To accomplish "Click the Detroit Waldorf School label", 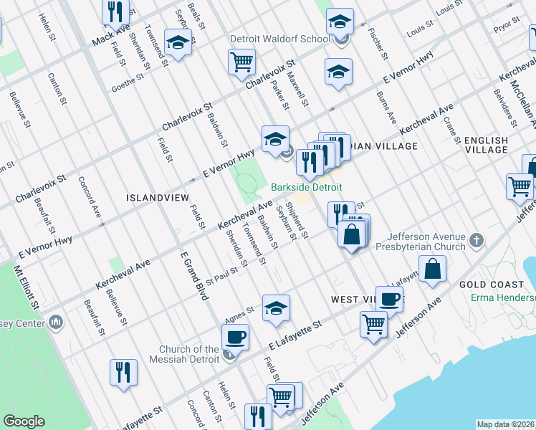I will pos(275,39).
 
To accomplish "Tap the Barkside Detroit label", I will pos(306,187).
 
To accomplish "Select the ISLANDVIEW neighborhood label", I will pos(157,196).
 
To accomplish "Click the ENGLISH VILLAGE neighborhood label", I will pos(486,145).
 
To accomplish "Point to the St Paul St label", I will pos(220,272).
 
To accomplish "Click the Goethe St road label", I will pos(128,86).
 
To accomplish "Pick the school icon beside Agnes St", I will pos(276,308).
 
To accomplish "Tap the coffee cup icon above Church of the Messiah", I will pos(235,335).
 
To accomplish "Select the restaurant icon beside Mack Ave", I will pos(115,11).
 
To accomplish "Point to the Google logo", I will pos(24,421).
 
